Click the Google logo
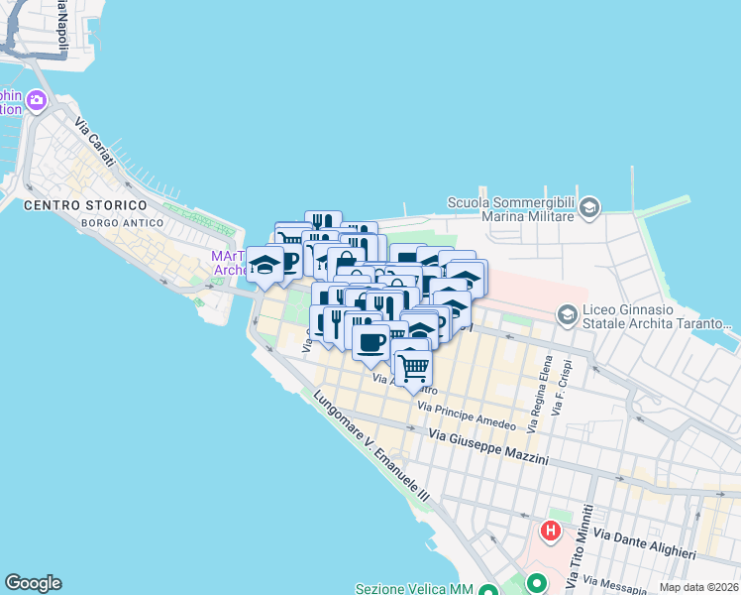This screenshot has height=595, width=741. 33,583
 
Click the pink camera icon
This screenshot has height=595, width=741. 38,100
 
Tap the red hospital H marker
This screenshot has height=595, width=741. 551,531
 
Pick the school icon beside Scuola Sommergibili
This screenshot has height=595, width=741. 589,207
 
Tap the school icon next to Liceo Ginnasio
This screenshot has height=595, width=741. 568,315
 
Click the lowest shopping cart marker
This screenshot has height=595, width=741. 413,367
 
